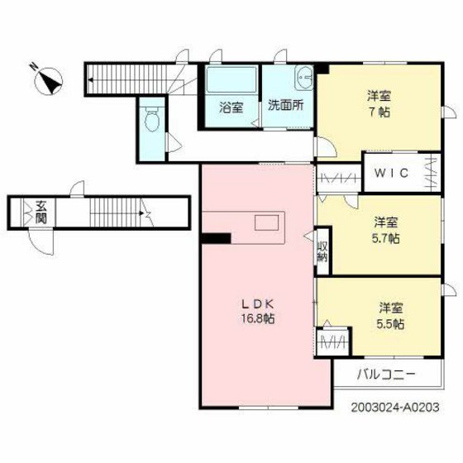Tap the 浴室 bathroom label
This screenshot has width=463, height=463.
tap(231, 107)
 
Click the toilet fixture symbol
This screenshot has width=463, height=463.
tap(151, 121)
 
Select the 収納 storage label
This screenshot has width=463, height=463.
tap(322, 251)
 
